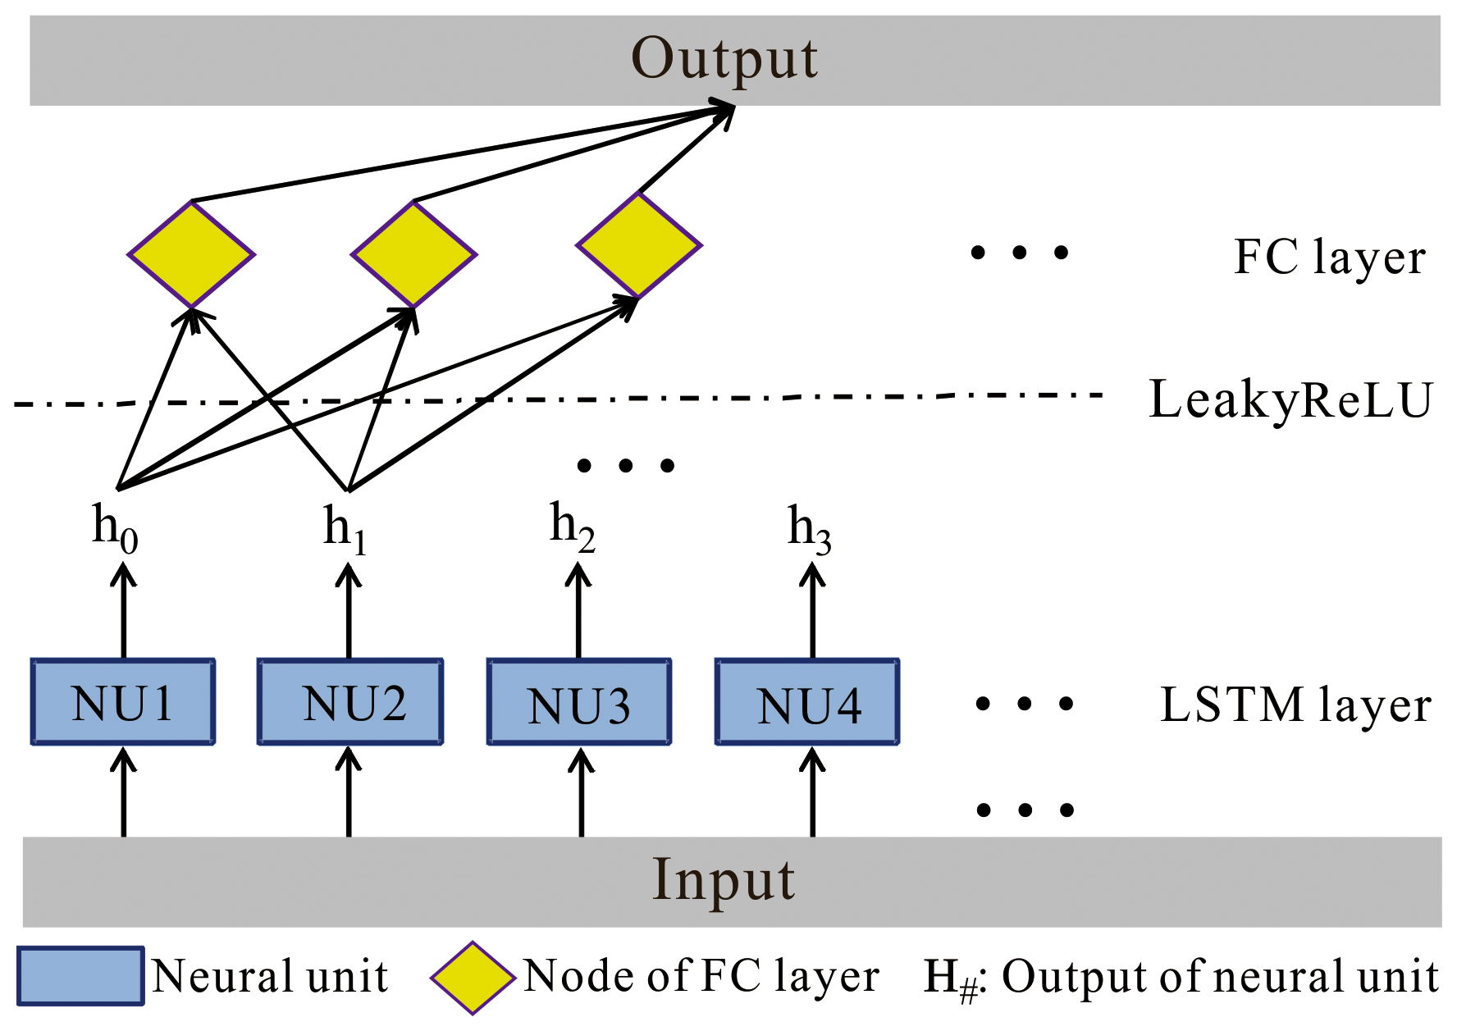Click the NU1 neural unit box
(123, 702)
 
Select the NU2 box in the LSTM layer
(350, 702)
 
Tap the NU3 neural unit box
(579, 702)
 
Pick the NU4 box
(807, 702)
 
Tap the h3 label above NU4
(809, 528)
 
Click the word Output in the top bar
(724, 59)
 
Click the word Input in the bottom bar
(723, 880)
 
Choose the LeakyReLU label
(1290, 400)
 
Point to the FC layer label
(1329, 257)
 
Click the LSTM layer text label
(1295, 705)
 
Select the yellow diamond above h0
(191, 254)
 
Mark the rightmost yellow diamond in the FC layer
(638, 244)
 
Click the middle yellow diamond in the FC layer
(414, 254)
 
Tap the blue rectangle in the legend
(80, 976)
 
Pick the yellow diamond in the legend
(473, 978)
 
